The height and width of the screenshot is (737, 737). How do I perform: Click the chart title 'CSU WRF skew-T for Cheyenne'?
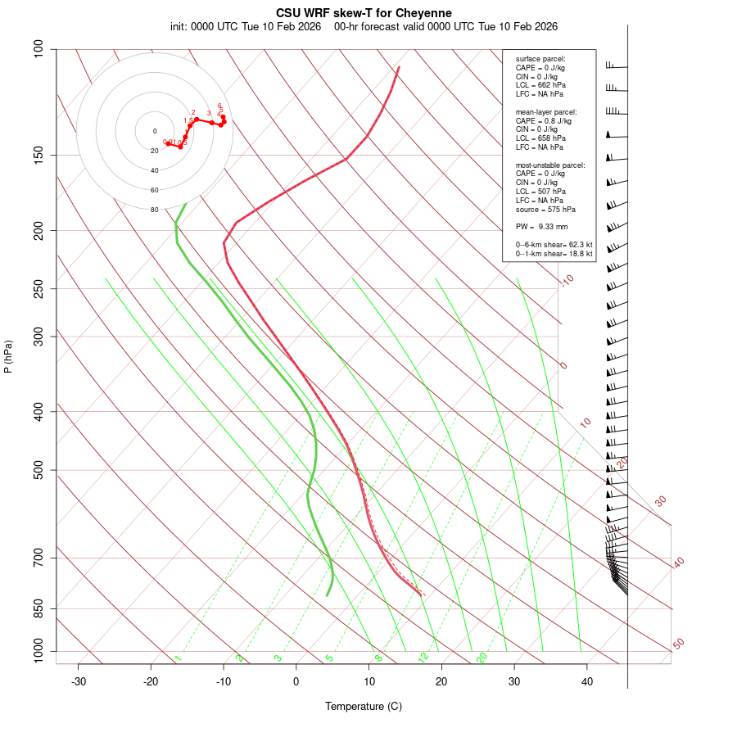(364, 13)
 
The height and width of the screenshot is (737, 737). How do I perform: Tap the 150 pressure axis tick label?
(38, 155)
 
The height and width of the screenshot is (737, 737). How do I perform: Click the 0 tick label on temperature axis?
(296, 681)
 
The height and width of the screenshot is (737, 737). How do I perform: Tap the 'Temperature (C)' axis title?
(364, 706)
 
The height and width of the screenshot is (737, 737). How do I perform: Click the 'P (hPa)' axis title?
(8, 356)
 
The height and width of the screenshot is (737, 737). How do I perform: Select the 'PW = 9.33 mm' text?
(541, 227)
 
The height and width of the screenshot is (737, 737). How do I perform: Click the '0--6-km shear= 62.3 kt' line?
(554, 245)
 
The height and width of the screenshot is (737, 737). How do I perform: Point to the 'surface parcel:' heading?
(540, 59)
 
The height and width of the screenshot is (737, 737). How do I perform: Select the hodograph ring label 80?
(154, 210)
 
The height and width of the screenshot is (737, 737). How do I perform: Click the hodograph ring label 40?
(154, 170)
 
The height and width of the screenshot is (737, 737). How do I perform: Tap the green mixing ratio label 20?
(482, 657)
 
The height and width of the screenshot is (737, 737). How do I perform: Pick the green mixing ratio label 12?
(423, 657)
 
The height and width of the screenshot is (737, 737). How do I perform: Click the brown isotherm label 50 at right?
(678, 644)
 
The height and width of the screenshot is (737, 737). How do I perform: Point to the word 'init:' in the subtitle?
(180, 26)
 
